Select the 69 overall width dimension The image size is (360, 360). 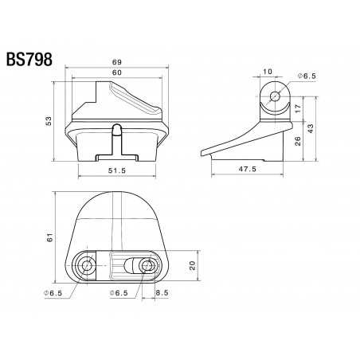[x=117, y=62]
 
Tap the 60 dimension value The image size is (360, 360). [x=116, y=72]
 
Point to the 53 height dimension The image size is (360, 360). [x=49, y=121]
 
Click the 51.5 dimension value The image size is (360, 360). [x=118, y=170]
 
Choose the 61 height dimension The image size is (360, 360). [x=49, y=237]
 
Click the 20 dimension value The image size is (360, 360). [x=192, y=267]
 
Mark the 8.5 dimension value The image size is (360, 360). [x=162, y=293]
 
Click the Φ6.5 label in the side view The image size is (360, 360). [x=307, y=75]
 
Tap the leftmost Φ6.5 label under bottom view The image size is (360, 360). [x=53, y=293]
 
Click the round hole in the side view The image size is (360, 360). [x=275, y=96]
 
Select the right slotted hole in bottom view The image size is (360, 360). [x=147, y=266]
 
